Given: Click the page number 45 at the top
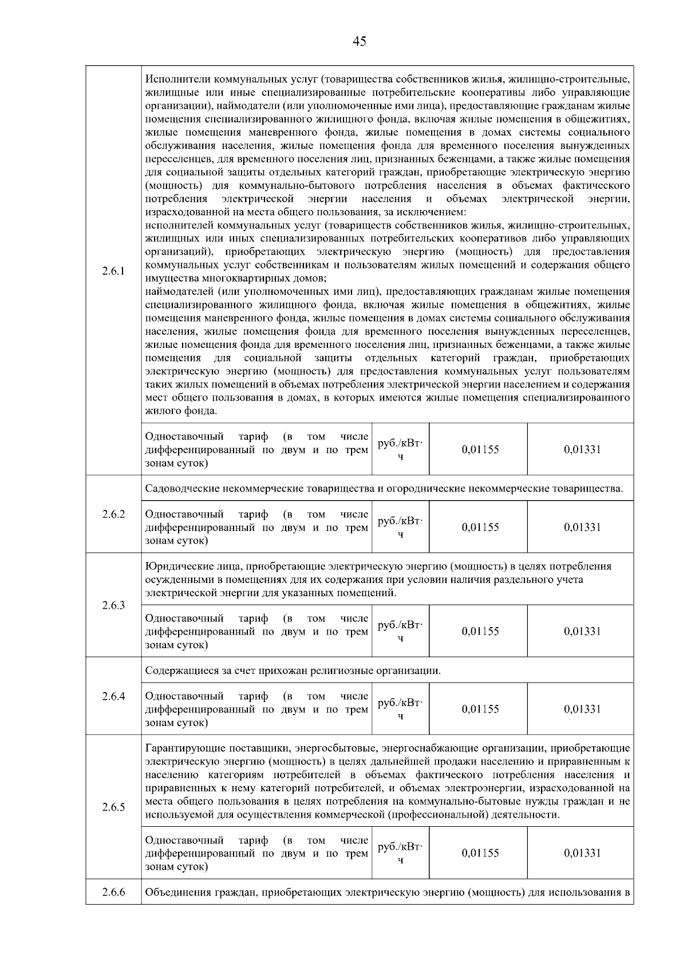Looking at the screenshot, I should point(360,41).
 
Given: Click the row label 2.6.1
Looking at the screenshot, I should point(113,271).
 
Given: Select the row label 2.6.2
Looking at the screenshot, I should point(113,514).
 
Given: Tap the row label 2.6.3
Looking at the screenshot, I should point(113,605).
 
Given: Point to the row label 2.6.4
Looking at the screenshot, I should point(113,696).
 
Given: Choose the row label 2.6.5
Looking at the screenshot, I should point(113,807).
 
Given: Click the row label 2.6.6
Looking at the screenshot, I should point(113,892).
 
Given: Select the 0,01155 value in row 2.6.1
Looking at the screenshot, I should point(480,450).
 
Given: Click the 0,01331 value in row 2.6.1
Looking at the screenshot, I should point(582,450).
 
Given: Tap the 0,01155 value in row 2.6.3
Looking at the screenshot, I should point(480,631).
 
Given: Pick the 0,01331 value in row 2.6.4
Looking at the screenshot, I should point(582,709).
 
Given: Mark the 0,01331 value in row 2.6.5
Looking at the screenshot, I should point(582,853).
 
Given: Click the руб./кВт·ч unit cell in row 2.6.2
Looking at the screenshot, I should point(400,527).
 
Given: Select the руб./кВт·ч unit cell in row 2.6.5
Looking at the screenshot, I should point(400,853).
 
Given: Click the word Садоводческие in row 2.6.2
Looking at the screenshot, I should point(178,489).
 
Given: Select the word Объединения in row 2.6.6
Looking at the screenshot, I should point(174,892).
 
